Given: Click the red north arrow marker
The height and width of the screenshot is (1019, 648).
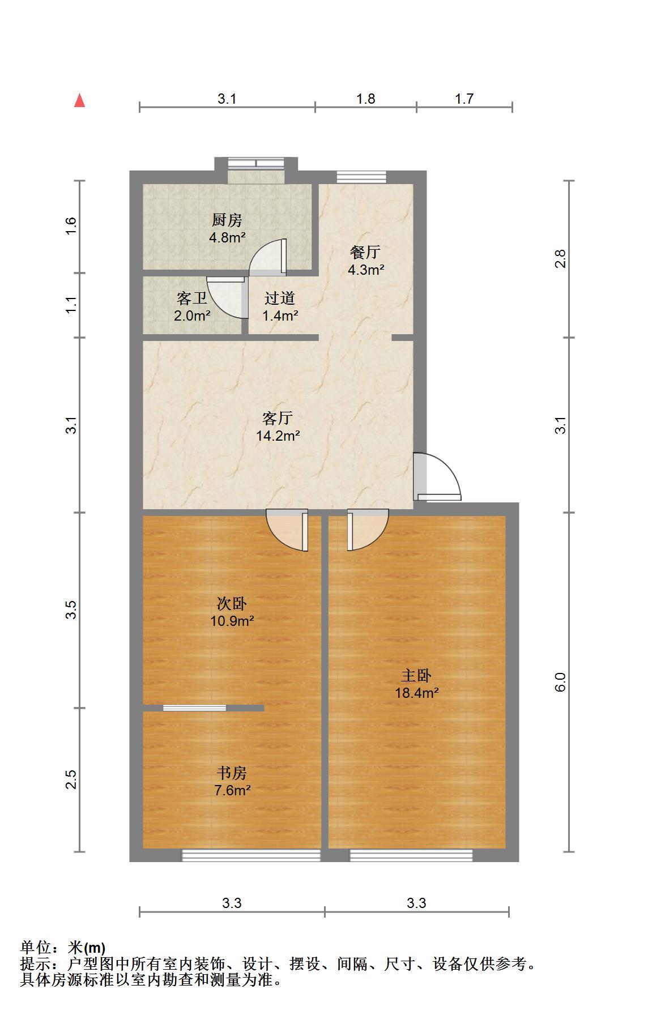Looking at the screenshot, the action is (80, 101).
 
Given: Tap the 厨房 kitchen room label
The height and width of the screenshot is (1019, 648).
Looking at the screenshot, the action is (227, 220).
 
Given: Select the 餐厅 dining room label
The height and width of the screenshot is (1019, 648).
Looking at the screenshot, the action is (365, 252).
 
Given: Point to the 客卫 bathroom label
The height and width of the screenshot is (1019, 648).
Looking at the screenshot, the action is (191, 298).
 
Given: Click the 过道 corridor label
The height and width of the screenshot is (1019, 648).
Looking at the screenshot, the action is (280, 298).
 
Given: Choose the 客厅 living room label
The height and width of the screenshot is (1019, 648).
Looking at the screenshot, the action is (278, 419).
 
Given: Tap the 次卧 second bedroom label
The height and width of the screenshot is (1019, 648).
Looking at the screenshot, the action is (232, 603).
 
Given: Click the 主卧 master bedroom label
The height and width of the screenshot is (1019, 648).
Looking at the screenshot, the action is (416, 675).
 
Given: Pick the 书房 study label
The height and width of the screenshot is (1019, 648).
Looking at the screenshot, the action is (232, 773).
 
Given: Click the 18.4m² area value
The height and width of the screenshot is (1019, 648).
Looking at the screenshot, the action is (417, 692).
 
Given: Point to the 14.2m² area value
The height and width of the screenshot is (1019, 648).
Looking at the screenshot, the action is (278, 436).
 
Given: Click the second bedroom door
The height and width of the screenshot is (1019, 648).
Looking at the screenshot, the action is (287, 530).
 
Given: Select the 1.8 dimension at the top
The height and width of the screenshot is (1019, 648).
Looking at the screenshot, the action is (366, 99).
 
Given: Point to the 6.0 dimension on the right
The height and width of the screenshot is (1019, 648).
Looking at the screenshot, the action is (560, 682).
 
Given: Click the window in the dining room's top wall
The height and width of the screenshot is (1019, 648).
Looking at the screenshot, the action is (361, 177).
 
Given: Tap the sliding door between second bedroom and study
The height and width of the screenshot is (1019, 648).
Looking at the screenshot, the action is (195, 707).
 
